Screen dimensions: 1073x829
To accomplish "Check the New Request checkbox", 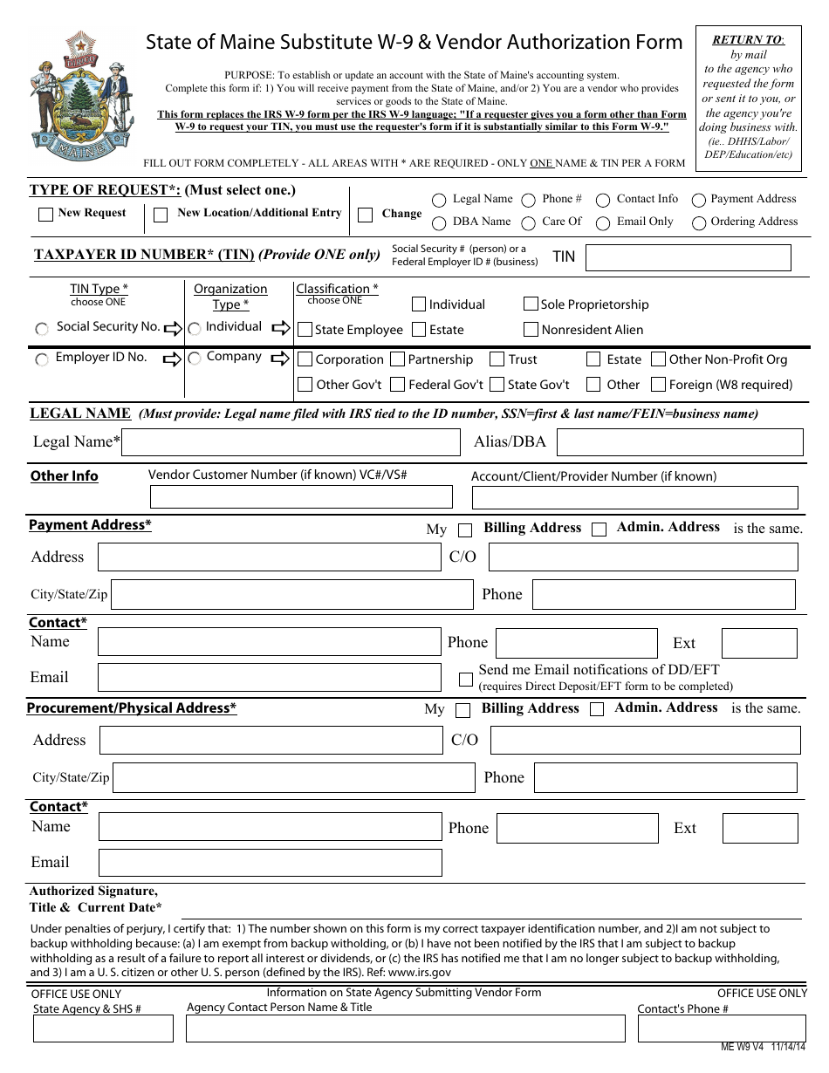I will [x=46, y=215].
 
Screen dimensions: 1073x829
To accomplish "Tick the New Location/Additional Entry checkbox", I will [x=161, y=215].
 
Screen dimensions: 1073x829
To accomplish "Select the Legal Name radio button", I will [x=436, y=201].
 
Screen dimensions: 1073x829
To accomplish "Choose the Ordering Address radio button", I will [x=698, y=223].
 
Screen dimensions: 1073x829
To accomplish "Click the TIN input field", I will [x=688, y=257].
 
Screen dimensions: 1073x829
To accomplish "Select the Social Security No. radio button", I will [x=42, y=329].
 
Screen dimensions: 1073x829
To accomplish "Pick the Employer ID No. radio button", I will [x=42, y=359].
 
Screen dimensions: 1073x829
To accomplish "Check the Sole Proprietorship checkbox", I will [x=531, y=304].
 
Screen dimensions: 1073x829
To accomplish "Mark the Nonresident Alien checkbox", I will [x=531, y=330].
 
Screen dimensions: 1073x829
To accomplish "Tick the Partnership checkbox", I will [x=397, y=359].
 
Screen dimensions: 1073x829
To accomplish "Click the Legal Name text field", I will [x=291, y=442].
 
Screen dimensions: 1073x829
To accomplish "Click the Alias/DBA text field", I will [x=679, y=442].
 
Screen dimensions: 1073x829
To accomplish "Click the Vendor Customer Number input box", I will [x=301, y=497].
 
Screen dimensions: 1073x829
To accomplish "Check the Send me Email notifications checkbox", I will [x=466, y=679].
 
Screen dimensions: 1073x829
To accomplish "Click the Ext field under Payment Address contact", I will [x=747, y=643].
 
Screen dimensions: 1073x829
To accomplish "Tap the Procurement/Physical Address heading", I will [x=132, y=708].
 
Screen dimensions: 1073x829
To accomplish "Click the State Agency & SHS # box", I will [x=103, y=1029].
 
